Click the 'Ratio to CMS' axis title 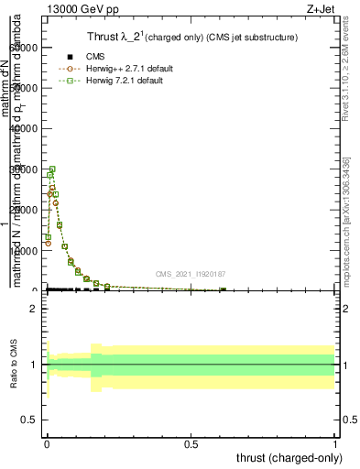point(14,365)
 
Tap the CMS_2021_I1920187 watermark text point(190,274)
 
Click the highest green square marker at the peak point(52,169)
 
